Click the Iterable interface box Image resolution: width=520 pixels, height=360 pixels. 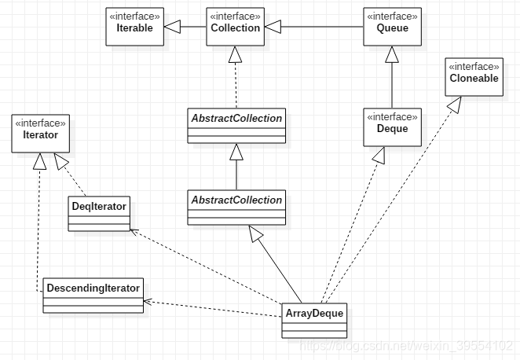pos(136,27)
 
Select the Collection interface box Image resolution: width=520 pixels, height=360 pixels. pos(235,27)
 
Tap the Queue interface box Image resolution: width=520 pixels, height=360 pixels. pos(392,27)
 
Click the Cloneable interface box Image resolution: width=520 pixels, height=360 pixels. pos(474,77)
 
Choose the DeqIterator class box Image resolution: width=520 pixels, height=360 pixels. pos(98,212)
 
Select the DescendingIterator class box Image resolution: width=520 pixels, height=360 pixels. pos(93,295)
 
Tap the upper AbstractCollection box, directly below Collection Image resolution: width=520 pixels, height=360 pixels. pos(236,124)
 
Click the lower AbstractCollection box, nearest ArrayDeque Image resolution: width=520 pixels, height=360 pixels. pos(236,206)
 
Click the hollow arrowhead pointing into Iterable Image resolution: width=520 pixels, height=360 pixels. pos(173,28)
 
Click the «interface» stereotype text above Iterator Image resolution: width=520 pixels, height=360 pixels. pos(40,123)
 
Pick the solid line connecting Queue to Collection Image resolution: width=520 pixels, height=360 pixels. pos(322,28)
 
